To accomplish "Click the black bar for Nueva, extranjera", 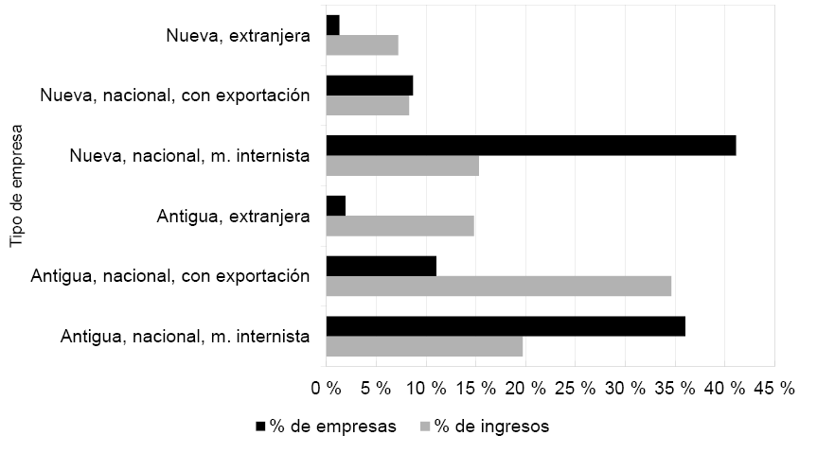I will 332,26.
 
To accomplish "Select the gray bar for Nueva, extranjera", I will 362,44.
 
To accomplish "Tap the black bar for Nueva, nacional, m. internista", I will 530,145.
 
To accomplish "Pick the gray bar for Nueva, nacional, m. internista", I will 402,165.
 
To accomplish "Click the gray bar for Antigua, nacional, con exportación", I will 498,286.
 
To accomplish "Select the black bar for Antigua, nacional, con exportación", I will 381,266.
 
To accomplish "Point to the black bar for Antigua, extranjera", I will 336,205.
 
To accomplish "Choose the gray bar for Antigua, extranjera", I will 400,225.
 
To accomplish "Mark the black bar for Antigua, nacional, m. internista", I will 506,326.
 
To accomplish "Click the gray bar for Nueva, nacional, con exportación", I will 367,105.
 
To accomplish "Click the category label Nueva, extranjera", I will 237,36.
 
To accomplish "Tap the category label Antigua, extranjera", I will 234,217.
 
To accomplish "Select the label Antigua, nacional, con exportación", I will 170,276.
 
